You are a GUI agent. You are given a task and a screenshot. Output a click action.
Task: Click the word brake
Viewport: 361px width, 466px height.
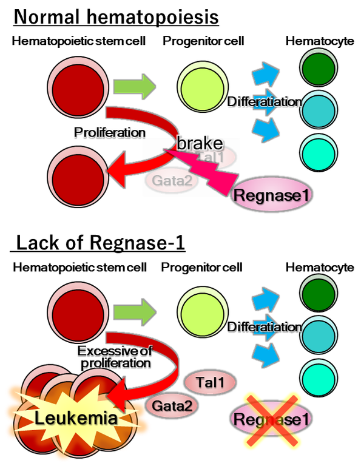pyautogui.click(x=200, y=144)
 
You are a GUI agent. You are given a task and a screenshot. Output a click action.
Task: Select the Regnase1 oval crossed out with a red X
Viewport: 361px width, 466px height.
pyautogui.click(x=271, y=419)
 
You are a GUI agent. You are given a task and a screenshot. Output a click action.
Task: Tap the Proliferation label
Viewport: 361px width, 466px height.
pyautogui.click(x=109, y=132)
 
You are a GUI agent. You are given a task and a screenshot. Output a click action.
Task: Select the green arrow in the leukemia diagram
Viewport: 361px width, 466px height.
pyautogui.click(x=135, y=312)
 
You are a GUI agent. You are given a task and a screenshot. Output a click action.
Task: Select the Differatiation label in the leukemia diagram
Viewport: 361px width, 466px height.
pyautogui.click(x=264, y=327)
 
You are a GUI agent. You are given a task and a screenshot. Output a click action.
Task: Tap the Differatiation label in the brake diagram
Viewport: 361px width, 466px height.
pyautogui.click(x=264, y=102)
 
